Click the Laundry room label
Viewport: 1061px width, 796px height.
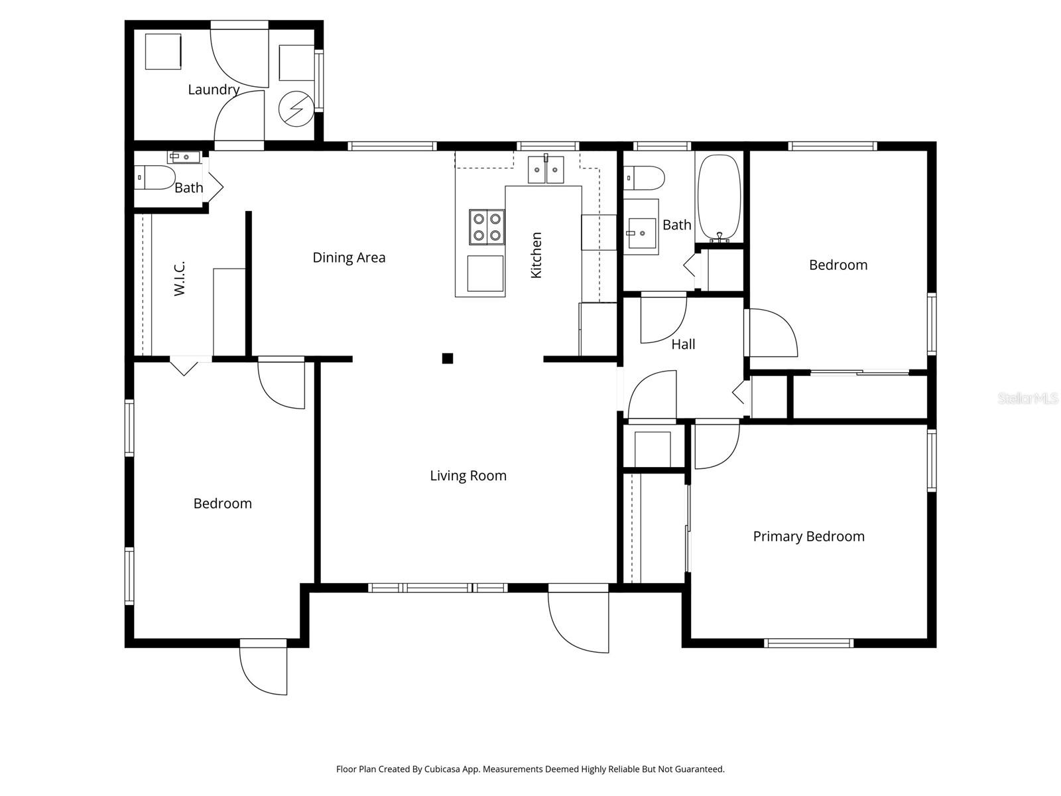click(213, 90)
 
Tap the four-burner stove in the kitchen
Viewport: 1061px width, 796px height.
click(487, 227)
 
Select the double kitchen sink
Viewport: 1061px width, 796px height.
click(546, 170)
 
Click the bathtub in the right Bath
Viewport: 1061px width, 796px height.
click(719, 197)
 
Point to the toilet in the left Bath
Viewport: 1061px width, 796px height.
click(155, 178)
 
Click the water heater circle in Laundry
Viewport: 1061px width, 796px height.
click(294, 108)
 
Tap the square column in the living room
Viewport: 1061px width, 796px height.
click(448, 359)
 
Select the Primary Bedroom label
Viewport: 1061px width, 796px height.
click(808, 536)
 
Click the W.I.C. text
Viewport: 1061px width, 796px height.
click(180, 278)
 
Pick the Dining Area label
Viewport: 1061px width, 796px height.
click(349, 257)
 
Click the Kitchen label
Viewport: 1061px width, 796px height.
click(536, 255)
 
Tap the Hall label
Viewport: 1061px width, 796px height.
click(683, 344)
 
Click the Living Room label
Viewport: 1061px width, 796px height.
click(468, 476)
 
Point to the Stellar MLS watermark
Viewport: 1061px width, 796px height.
click(1028, 399)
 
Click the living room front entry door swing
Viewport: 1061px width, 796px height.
click(578, 620)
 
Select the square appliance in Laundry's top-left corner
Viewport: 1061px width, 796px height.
click(163, 51)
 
